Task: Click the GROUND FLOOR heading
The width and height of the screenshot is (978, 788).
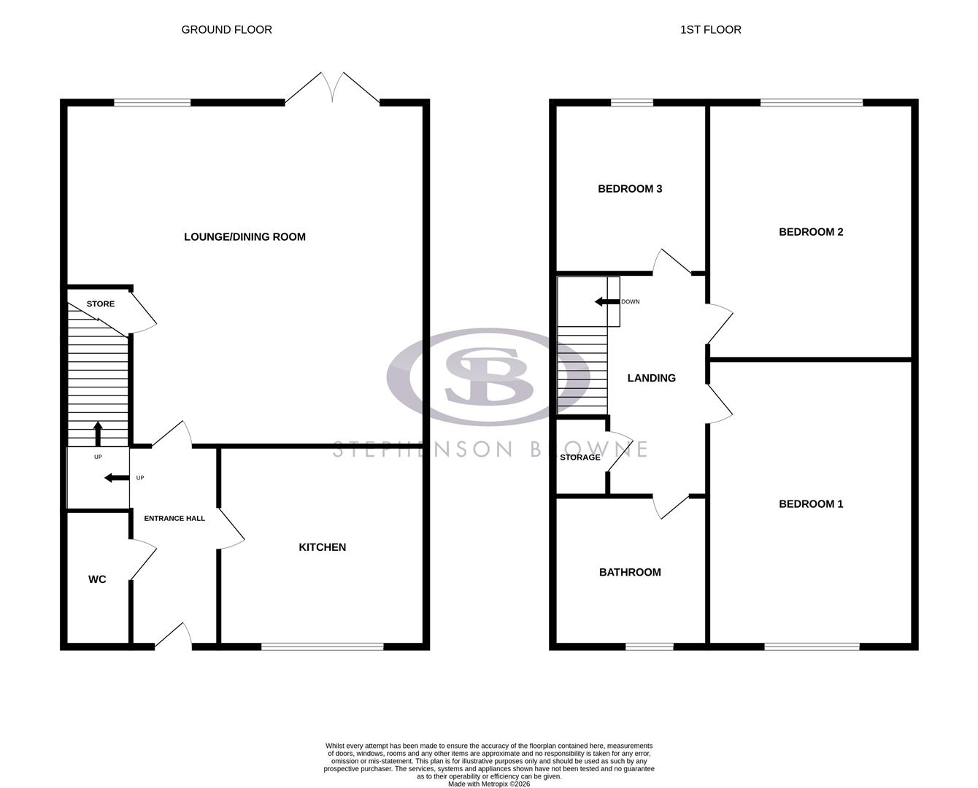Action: click(226, 30)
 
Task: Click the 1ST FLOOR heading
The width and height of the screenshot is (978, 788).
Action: click(710, 30)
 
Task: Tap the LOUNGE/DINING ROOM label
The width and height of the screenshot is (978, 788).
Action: click(244, 236)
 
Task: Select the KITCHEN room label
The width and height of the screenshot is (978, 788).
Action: click(322, 547)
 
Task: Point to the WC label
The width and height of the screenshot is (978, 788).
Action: click(97, 579)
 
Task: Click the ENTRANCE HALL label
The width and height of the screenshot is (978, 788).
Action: click(174, 519)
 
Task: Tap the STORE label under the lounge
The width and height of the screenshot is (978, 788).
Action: click(101, 304)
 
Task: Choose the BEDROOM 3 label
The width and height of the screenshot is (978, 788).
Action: click(629, 189)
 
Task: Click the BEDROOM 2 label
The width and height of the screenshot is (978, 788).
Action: click(811, 232)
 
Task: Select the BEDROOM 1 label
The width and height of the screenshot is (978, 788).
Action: click(811, 504)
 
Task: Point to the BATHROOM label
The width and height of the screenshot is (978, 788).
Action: click(630, 573)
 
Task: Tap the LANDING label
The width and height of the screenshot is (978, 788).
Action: click(652, 378)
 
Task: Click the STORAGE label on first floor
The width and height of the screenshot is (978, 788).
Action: click(580, 457)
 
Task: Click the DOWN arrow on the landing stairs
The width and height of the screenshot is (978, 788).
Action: click(605, 301)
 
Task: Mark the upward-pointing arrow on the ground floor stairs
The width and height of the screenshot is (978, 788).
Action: click(99, 433)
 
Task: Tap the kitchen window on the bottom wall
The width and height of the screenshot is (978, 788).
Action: click(323, 646)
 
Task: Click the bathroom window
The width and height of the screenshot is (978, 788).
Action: click(650, 646)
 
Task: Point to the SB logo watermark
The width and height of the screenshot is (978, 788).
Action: click(478, 378)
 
